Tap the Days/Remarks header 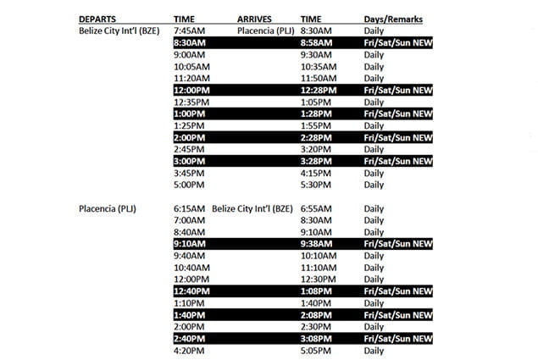393,18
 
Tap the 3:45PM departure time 190,173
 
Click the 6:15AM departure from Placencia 189,208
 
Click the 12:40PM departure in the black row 193,291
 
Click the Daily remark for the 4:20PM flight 374,351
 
